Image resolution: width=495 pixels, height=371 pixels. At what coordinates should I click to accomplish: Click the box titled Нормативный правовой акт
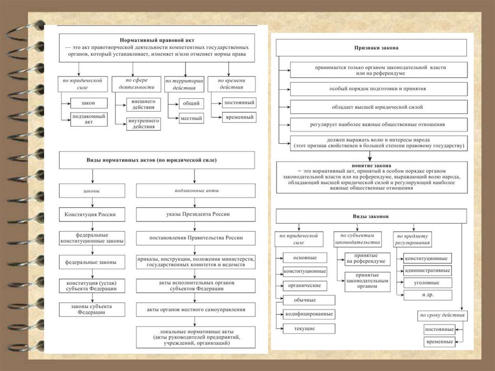(x=157, y=47)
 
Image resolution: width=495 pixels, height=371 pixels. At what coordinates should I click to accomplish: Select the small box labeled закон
(x=88, y=103)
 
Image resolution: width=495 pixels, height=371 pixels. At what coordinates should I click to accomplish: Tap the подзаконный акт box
(x=88, y=119)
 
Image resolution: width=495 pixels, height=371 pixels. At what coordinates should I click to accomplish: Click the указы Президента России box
(x=195, y=214)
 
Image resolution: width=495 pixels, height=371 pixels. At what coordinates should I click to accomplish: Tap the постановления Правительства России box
(x=195, y=237)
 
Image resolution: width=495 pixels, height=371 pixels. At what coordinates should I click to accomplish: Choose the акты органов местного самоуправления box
(x=195, y=309)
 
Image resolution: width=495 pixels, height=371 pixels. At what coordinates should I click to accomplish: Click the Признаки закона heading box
(x=371, y=48)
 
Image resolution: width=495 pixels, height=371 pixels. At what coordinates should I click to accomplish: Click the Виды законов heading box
(x=371, y=216)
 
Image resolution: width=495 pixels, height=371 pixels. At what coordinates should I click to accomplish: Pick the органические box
(x=305, y=285)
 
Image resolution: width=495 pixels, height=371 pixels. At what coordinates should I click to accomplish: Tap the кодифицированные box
(x=308, y=314)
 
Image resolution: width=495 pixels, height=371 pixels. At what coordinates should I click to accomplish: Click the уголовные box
(x=427, y=282)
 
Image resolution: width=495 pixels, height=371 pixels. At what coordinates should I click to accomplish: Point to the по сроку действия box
(x=442, y=315)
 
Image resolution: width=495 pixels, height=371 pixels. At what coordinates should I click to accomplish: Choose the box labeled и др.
(x=427, y=295)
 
